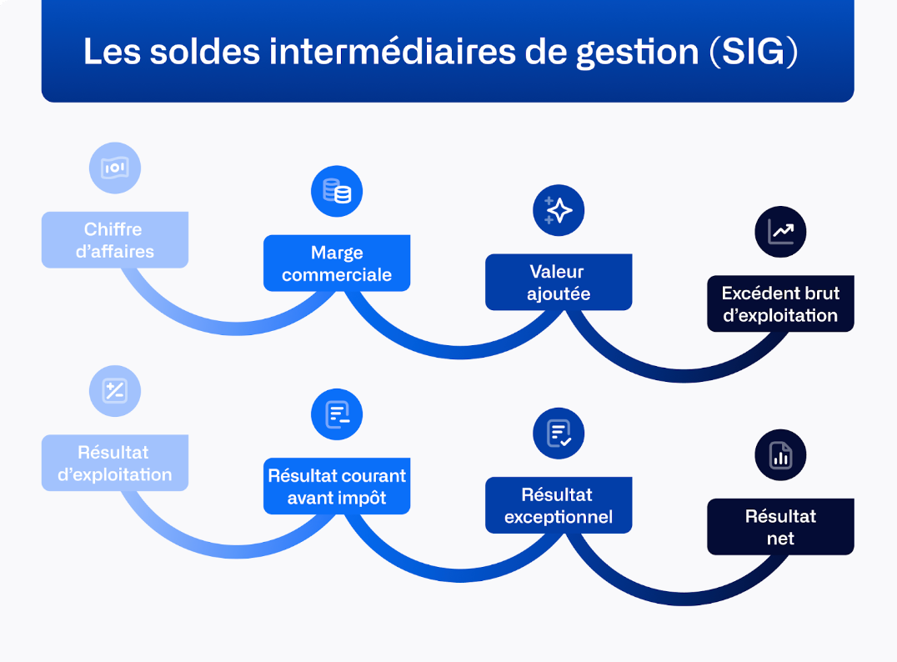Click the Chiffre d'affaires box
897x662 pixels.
pyautogui.click(x=114, y=240)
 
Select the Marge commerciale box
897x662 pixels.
pyautogui.click(x=337, y=263)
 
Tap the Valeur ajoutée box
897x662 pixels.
pyautogui.click(x=559, y=283)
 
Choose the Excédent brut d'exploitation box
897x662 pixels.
pyautogui.click(x=780, y=304)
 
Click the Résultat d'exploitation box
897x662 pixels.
pyautogui.click(x=114, y=463)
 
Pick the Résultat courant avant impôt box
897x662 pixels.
pyautogui.click(x=337, y=486)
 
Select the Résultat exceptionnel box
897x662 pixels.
pyautogui.click(x=559, y=506)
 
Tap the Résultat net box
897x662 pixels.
pyautogui.click(x=780, y=527)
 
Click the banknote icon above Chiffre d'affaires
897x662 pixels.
pyautogui.click(x=115, y=168)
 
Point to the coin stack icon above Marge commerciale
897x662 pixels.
pyautogui.click(x=337, y=192)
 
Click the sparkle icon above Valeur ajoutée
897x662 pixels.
pyautogui.click(x=559, y=210)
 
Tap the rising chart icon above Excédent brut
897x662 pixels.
pyautogui.click(x=780, y=232)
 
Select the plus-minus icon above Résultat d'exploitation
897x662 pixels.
pyautogui.click(x=115, y=391)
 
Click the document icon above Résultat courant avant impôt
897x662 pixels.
pyautogui.click(x=337, y=414)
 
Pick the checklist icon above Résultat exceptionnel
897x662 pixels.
pyautogui.click(x=559, y=434)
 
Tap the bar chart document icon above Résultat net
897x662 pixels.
pyautogui.click(x=780, y=455)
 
